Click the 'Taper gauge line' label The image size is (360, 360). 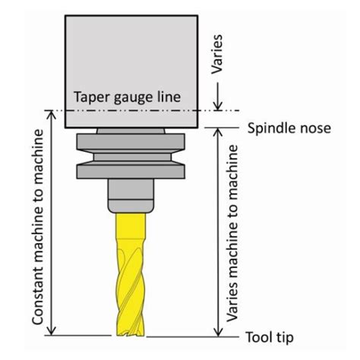point(127,97)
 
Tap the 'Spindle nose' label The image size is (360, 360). point(289,128)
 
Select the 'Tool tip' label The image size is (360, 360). point(270,337)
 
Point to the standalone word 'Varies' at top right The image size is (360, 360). point(217,55)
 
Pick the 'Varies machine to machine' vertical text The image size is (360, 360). point(232,233)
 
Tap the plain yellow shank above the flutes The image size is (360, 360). point(131,226)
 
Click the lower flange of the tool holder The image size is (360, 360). point(131,172)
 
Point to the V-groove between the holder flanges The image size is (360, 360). point(131,157)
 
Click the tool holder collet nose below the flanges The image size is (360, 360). point(131,196)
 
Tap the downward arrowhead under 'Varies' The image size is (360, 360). point(218,106)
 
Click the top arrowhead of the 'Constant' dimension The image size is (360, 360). point(52,115)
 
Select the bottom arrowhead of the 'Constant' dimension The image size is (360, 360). point(52,330)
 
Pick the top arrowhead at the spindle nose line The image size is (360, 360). point(218,133)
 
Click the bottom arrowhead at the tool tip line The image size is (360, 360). point(218,332)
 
